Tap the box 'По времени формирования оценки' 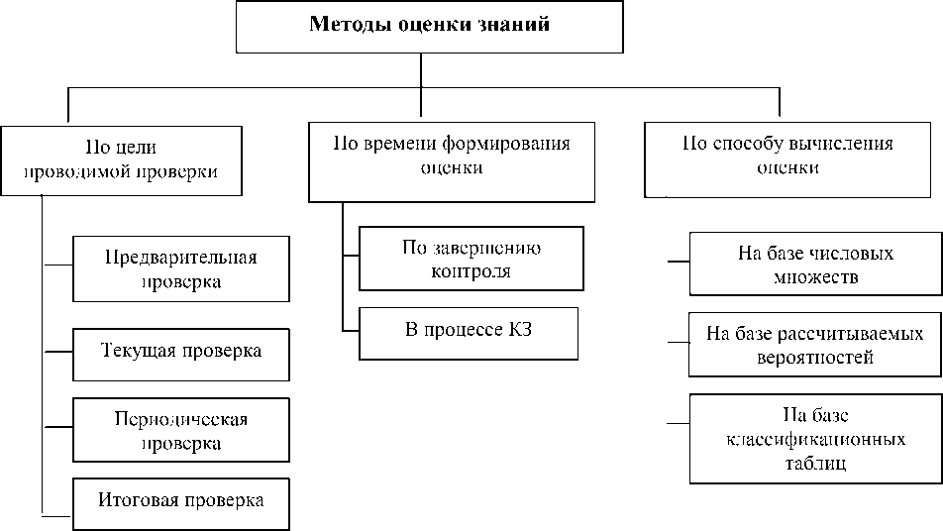tap(451, 159)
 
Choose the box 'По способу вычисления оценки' tap(786, 158)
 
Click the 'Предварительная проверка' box tap(181, 269)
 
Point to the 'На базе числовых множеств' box tap(815, 265)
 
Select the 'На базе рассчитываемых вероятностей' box tap(815, 345)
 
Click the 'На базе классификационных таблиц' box tap(815, 438)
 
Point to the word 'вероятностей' tap(813, 358)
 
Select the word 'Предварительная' tap(181, 258)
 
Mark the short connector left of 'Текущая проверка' tap(57, 352)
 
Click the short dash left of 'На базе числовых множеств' tap(679, 264)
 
